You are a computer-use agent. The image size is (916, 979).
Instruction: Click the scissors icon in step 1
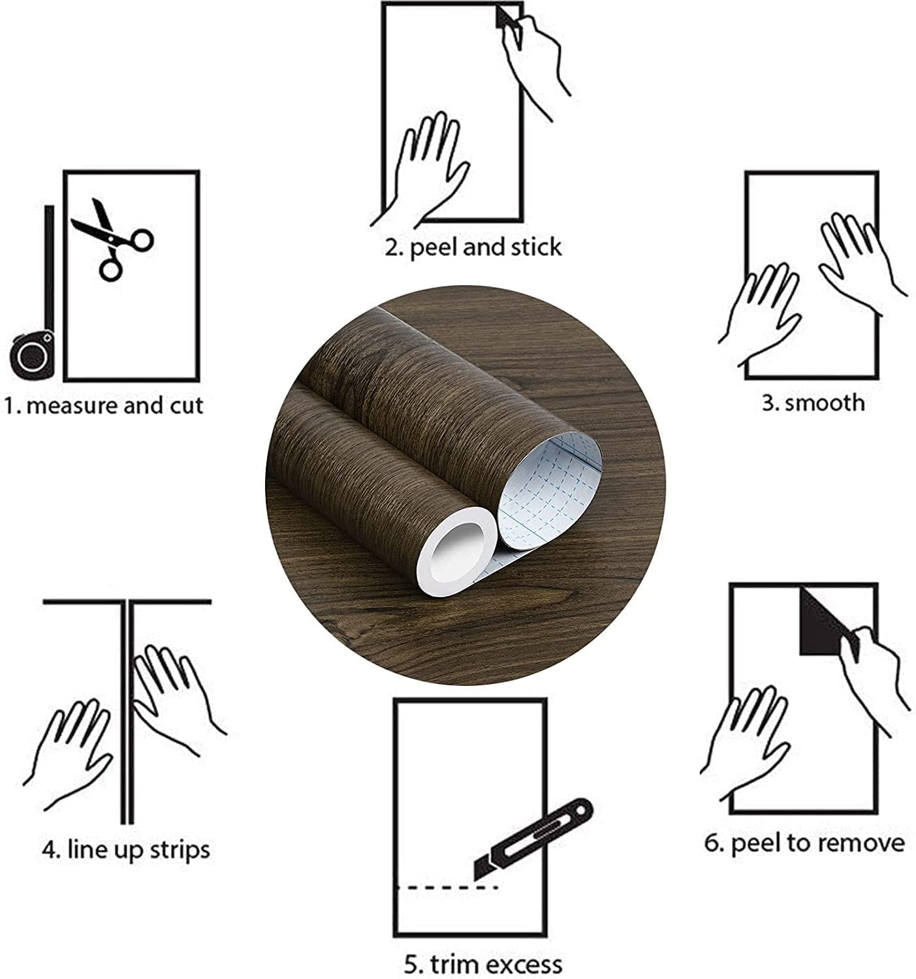(x=112, y=239)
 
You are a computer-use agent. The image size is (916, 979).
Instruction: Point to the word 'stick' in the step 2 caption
(x=537, y=247)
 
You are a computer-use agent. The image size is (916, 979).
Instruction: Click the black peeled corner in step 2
(x=508, y=22)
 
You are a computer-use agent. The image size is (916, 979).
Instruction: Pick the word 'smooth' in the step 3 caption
(x=824, y=403)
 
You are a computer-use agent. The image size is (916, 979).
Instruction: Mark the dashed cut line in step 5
(x=447, y=888)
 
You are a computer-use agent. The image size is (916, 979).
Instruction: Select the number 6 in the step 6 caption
(x=711, y=843)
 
